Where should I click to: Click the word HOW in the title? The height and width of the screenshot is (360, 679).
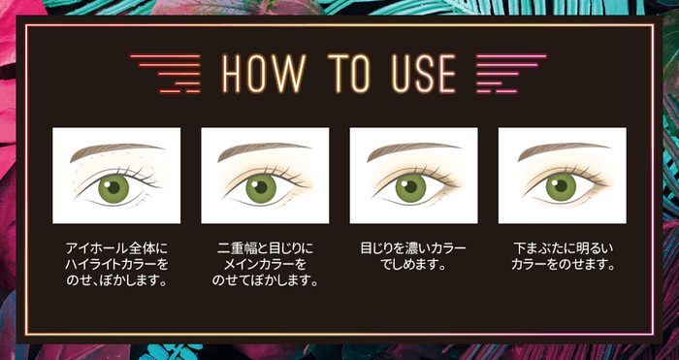[264, 73]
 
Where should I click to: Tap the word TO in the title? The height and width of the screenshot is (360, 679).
[350, 73]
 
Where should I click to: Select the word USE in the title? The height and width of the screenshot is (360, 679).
[424, 73]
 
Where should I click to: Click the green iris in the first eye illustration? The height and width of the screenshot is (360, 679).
[113, 188]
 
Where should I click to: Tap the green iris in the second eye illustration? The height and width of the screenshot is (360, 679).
[261, 188]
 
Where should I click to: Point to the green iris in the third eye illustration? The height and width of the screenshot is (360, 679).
[410, 187]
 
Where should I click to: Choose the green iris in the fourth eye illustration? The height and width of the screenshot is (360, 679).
[561, 187]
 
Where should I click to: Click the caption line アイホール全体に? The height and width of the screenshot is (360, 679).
[116, 248]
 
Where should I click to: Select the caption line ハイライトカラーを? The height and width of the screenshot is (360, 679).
[116, 265]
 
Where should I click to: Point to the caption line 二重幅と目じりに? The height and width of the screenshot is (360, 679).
[265, 248]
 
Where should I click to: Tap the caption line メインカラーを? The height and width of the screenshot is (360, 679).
[265, 265]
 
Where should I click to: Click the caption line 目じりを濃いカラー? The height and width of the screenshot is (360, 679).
[413, 248]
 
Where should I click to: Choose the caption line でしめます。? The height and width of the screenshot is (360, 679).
[413, 265]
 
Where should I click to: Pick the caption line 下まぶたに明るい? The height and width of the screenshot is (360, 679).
[564, 248]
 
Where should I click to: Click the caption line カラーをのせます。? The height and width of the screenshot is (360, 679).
[564, 265]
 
